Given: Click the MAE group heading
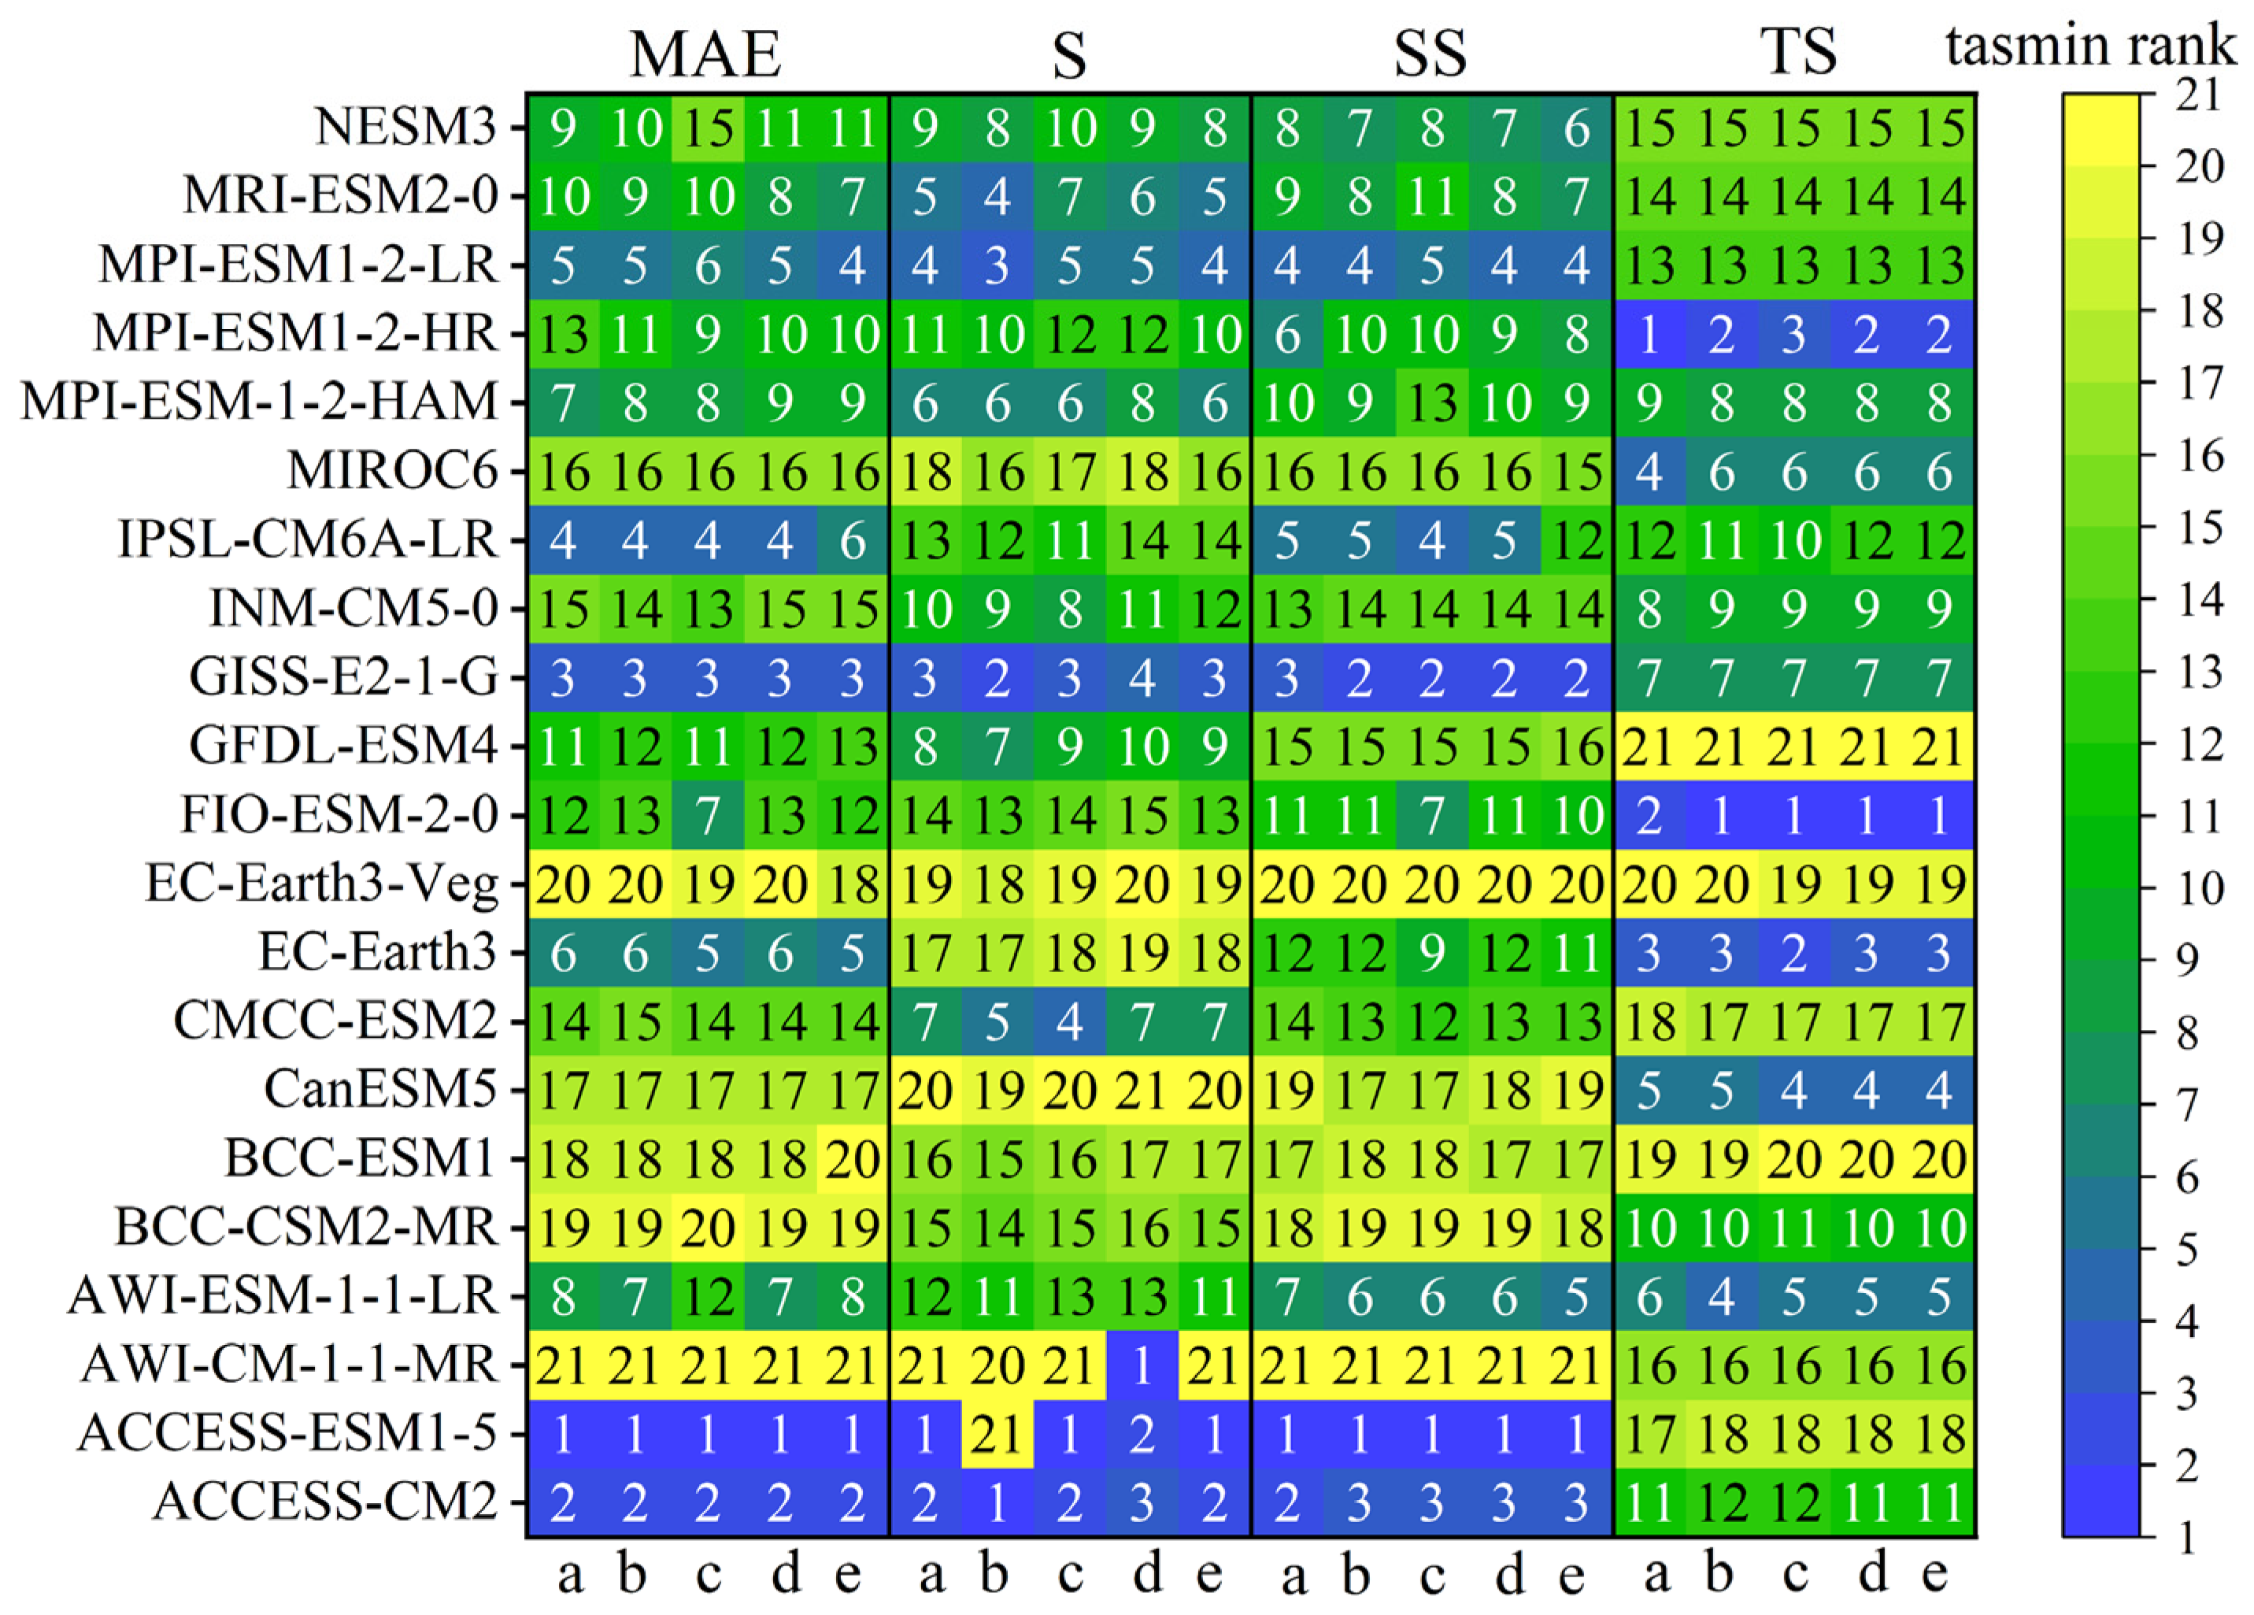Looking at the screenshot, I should tap(705, 54).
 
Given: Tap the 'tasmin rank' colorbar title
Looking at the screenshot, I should tap(2091, 46).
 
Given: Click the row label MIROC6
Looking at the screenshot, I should tap(393, 471).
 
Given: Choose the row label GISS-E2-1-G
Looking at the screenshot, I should tap(343, 678).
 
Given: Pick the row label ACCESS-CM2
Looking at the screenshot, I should tap(324, 1502).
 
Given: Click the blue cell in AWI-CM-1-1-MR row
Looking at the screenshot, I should tap(1142, 1365).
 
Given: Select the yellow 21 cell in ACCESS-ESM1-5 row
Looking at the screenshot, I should tap(997, 1433).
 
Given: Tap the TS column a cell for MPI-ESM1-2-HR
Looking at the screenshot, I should tap(1649, 334).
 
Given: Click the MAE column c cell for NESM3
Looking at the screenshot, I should tap(708, 128).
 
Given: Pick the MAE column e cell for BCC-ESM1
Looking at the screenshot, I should tap(853, 1159).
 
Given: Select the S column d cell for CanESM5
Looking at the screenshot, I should tap(1142, 1091).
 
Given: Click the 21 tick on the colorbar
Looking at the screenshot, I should tap(2182, 95).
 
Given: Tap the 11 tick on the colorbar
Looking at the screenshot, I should tap(2182, 817).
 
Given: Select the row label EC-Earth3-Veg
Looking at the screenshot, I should tap(321, 883).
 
